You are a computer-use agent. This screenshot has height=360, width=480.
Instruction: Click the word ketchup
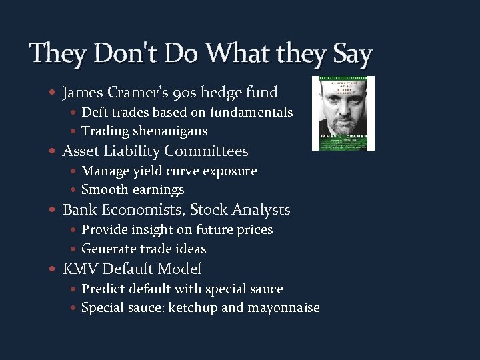193,308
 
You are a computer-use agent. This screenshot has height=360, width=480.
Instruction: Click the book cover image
343,113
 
